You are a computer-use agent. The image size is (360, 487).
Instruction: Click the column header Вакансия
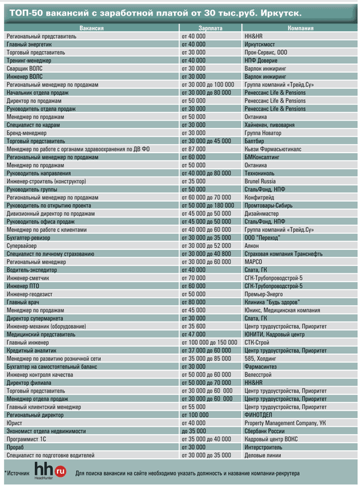coord(91,28)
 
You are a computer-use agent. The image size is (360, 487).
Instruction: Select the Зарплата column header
coord(210,28)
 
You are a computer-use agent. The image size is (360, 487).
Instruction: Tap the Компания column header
coord(301,28)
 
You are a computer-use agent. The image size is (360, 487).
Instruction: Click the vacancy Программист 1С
coord(27,438)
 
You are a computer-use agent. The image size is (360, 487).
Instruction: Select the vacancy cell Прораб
coord(17,446)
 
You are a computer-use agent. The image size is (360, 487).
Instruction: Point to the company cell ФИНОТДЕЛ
coord(260,414)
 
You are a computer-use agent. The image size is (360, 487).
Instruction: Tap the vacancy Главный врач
coord(23,301)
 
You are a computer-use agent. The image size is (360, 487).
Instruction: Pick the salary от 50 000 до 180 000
coord(208,205)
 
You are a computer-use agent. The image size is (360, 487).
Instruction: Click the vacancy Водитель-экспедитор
coord(34,270)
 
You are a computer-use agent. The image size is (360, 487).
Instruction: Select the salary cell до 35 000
coord(193,430)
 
